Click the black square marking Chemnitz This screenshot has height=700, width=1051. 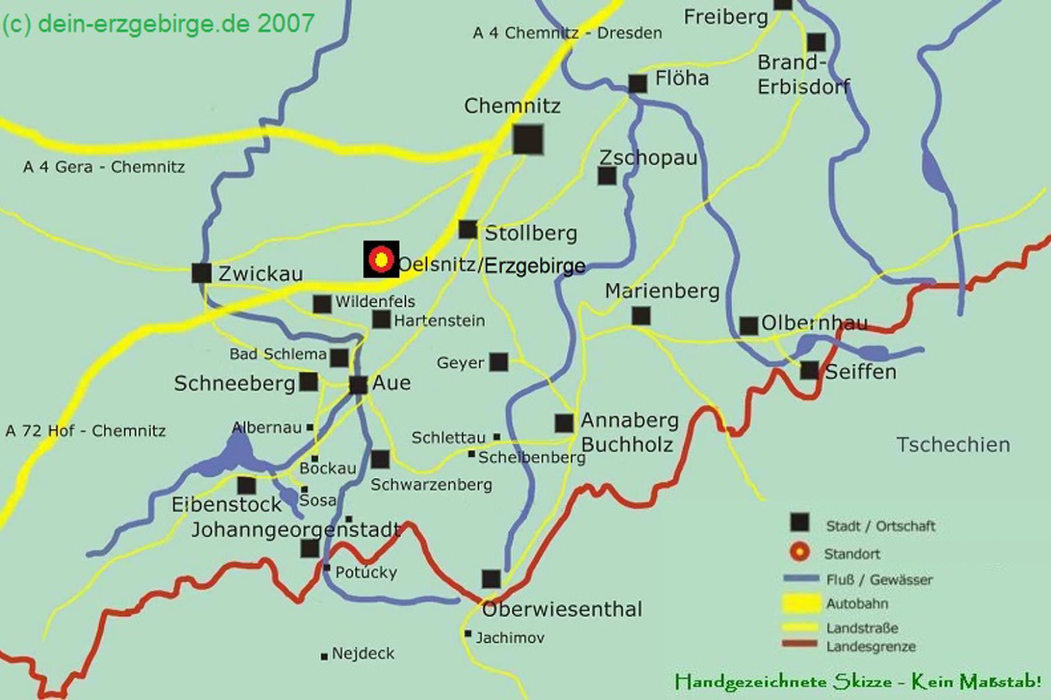click(x=528, y=139)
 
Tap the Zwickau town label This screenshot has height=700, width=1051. click(x=260, y=274)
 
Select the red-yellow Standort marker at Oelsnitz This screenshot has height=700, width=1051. click(x=381, y=259)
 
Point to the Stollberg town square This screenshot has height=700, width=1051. click(x=468, y=229)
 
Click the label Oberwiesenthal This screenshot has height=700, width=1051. click(x=562, y=610)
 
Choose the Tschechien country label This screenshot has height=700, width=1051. click(x=953, y=444)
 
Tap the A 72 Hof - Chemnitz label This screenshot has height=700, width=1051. click(x=85, y=431)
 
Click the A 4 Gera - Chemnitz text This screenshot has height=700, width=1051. click(x=104, y=167)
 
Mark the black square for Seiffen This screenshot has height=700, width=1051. click(x=809, y=370)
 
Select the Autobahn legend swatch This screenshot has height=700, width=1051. click(x=801, y=603)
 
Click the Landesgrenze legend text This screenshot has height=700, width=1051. click(x=871, y=646)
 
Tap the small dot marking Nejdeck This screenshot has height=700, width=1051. click(x=324, y=657)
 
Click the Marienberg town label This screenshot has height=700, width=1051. click(x=662, y=290)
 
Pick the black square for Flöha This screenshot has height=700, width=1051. click(x=638, y=83)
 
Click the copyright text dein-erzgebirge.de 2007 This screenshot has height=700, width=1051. click(x=158, y=24)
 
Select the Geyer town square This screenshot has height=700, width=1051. click(x=498, y=362)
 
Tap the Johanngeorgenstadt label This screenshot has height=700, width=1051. click(x=296, y=530)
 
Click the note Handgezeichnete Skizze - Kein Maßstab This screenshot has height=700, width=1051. click(x=858, y=681)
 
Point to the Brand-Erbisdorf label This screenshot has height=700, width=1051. click(x=803, y=75)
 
